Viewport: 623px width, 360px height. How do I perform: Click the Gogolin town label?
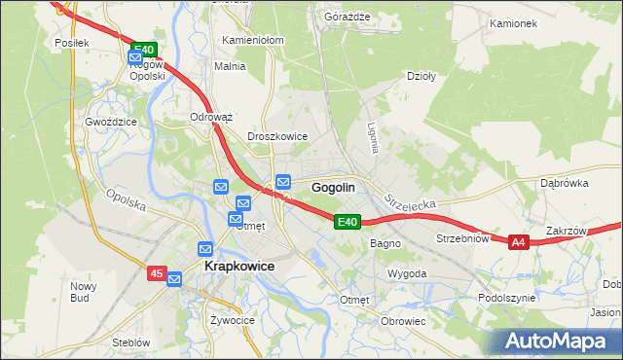click(x=333, y=187)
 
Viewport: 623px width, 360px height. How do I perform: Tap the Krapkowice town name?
click(x=238, y=266)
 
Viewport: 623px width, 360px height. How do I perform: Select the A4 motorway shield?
click(x=518, y=242)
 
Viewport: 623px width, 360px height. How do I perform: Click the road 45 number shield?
click(x=158, y=274)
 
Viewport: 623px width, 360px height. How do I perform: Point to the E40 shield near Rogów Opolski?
click(x=143, y=49)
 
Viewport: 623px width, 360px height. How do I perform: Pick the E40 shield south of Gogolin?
click(x=348, y=223)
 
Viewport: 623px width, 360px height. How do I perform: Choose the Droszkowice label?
click(x=277, y=137)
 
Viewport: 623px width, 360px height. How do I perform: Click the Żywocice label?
click(x=232, y=319)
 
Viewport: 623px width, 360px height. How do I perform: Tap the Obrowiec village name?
click(x=404, y=321)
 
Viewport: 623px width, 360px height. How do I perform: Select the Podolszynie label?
click(x=505, y=298)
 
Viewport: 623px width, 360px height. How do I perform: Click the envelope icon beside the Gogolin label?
click(x=283, y=181)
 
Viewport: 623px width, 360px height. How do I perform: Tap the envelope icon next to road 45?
click(x=175, y=279)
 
